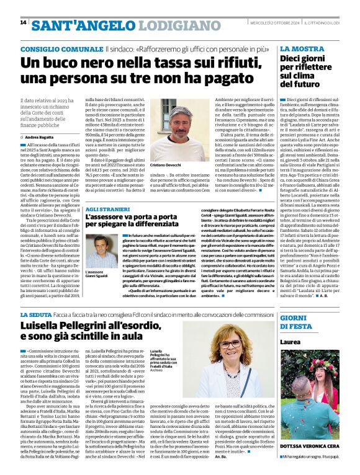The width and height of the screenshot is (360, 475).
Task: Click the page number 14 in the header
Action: [23, 22]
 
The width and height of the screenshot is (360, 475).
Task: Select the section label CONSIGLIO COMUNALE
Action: [60, 48]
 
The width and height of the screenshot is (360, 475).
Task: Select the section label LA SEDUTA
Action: [37, 316]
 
